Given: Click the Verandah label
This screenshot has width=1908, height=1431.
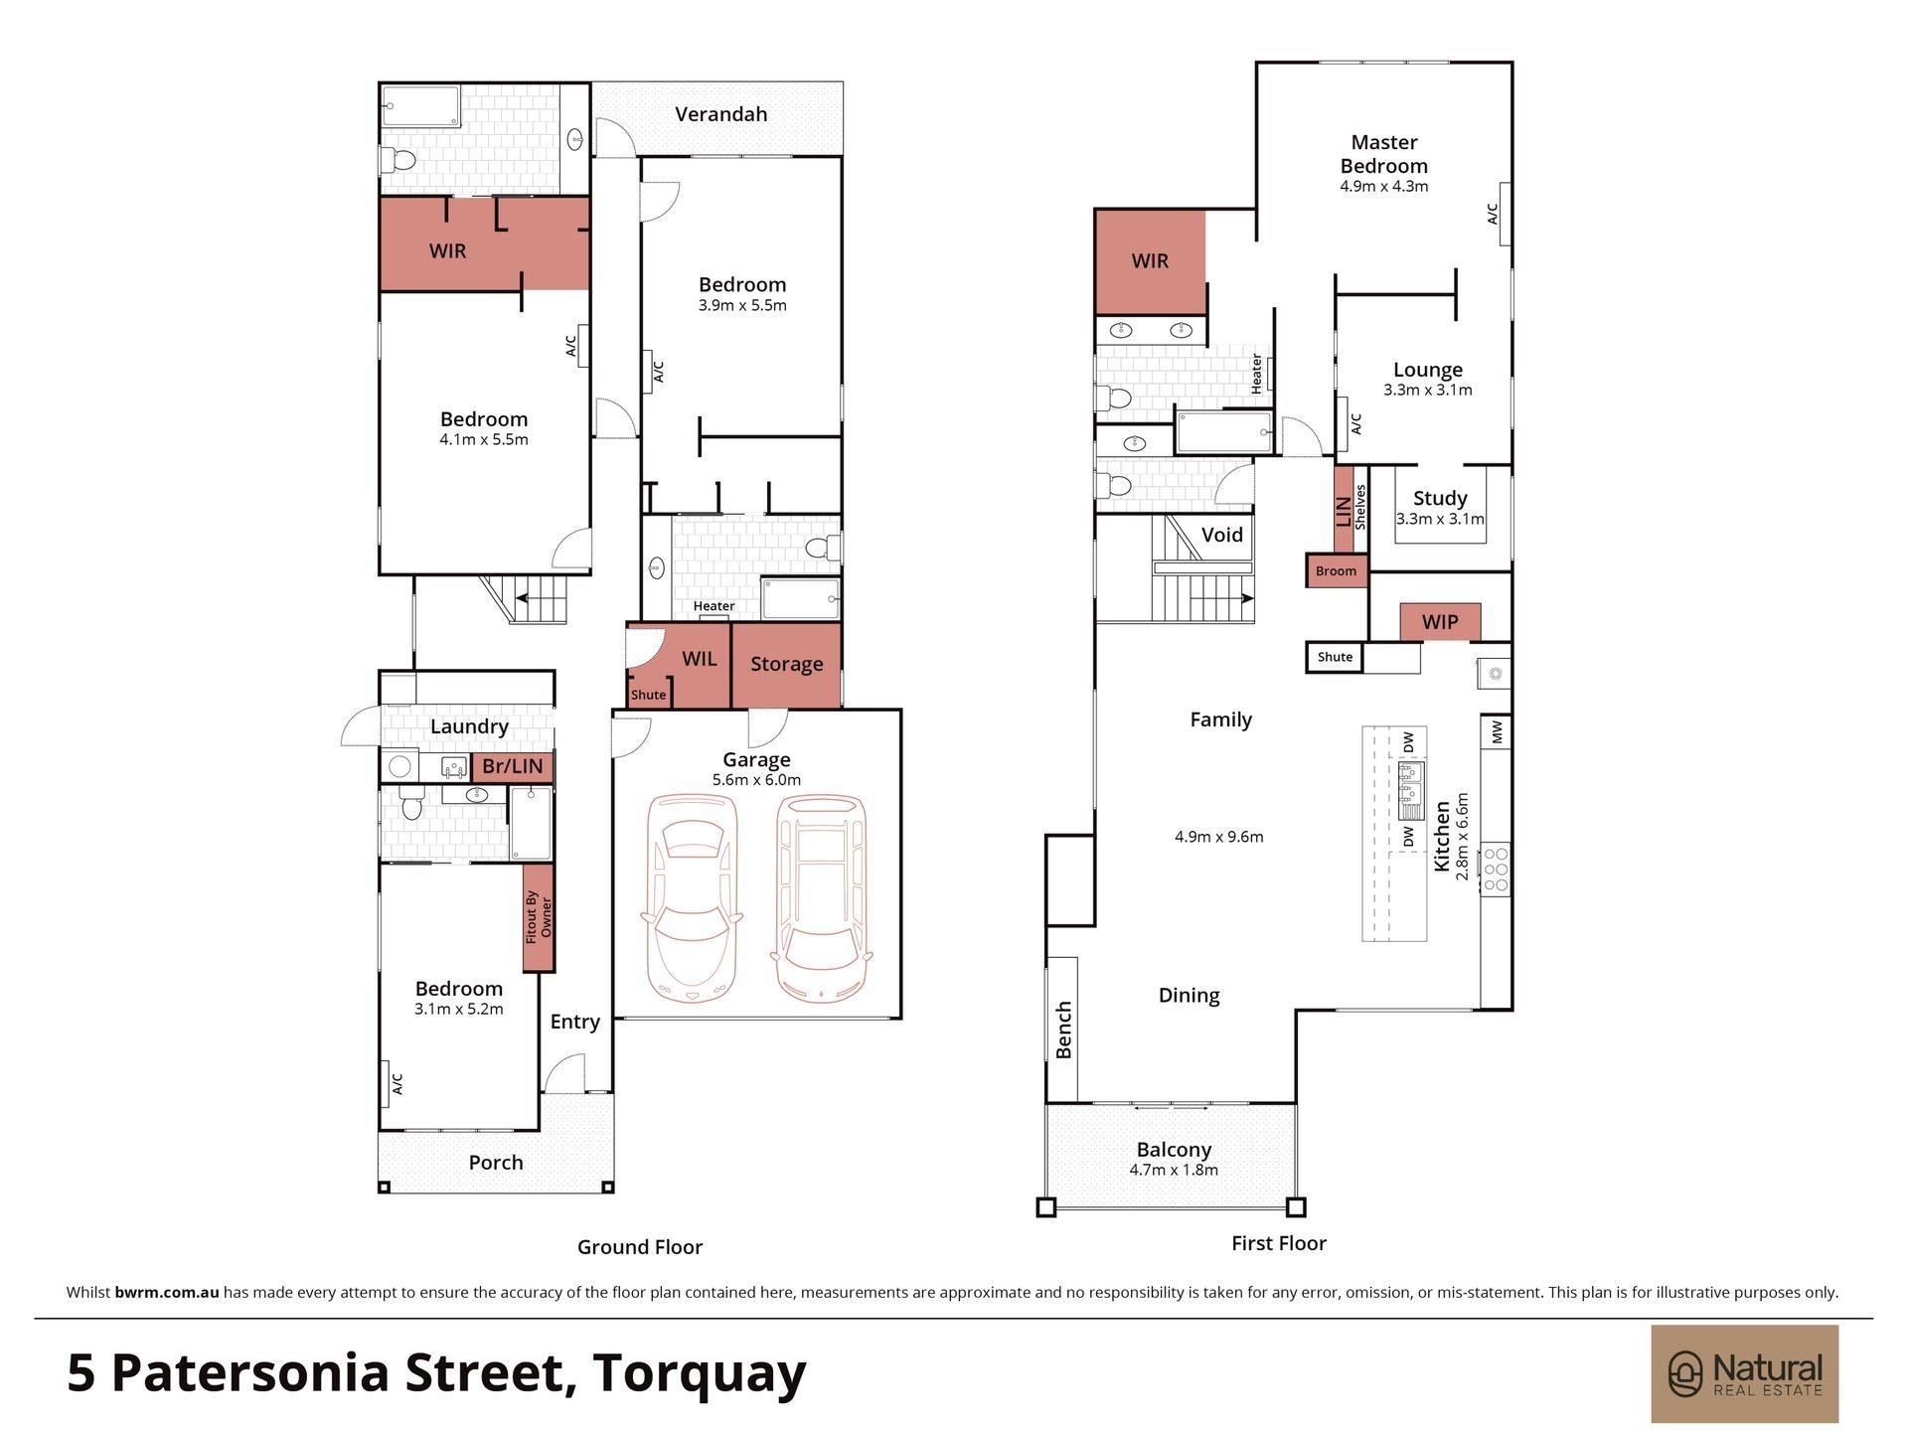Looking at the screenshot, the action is click(720, 114).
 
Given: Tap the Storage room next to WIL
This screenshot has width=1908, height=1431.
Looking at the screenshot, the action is click(786, 665).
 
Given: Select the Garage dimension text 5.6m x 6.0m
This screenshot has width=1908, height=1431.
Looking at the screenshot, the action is click(756, 780).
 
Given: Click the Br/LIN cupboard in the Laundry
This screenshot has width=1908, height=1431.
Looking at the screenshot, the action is click(513, 766).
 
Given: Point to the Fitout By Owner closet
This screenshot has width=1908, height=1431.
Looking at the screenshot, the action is click(538, 917).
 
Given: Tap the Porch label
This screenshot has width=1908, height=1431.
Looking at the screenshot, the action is click(496, 1163).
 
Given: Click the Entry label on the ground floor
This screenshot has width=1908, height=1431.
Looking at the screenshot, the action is click(574, 1023).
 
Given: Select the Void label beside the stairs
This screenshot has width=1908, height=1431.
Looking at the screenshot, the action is click(1221, 535).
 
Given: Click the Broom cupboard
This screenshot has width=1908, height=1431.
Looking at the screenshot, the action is click(1337, 570).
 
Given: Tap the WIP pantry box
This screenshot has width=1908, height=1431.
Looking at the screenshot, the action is click(1440, 622).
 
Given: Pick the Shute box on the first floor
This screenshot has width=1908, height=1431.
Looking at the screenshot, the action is click(1335, 657).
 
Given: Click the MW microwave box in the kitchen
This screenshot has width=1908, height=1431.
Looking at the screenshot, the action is click(1497, 732).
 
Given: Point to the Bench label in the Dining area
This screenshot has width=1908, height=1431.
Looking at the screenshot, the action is click(1063, 1030).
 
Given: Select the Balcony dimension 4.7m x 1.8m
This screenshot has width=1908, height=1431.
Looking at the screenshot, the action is click(1174, 1171).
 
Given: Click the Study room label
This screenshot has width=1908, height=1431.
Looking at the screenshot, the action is click(1440, 499).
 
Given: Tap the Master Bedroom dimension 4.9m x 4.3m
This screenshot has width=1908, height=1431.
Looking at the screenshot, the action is click(1384, 187).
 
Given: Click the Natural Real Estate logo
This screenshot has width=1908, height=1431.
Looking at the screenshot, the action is click(1745, 1373).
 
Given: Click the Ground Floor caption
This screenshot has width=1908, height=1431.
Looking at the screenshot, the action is click(640, 1247).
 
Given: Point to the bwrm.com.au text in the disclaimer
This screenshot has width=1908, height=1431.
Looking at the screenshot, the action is click(167, 1293).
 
